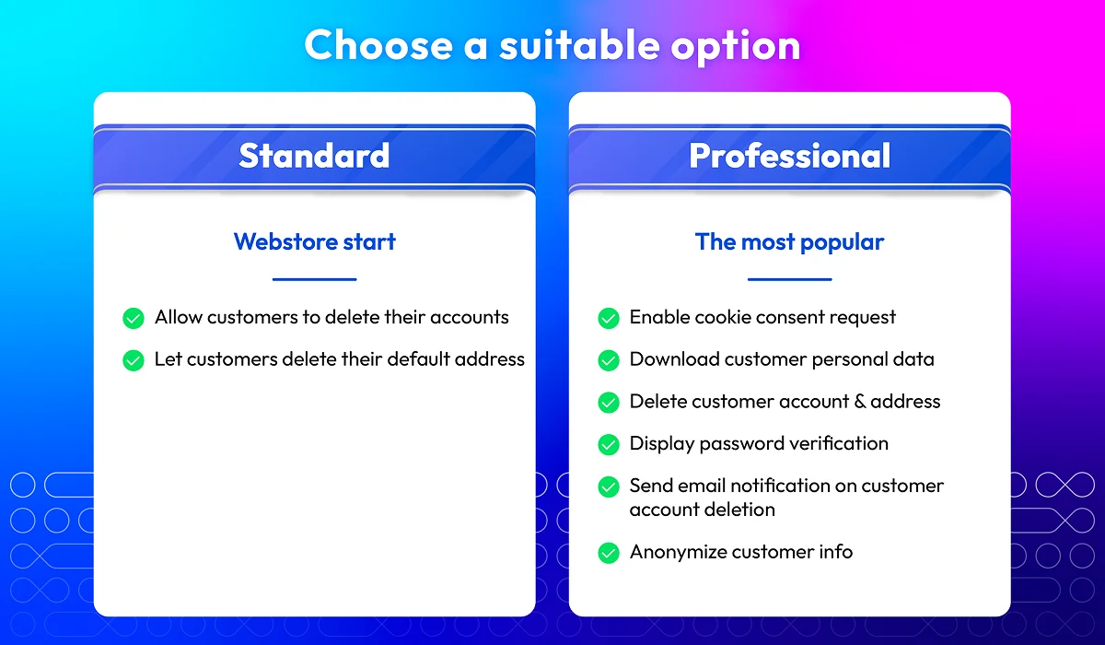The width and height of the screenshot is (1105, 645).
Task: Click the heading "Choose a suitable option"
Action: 552,46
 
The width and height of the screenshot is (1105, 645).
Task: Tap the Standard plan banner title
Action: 314,156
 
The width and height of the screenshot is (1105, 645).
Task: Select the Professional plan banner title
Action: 789,156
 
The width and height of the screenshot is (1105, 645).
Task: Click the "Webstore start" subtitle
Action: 314,241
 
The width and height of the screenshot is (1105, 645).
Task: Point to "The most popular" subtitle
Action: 789,242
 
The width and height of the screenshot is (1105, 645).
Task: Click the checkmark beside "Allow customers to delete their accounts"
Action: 134,318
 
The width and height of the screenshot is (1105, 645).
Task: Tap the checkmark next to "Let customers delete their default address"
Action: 134,360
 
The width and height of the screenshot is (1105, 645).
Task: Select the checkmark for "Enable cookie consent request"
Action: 609,318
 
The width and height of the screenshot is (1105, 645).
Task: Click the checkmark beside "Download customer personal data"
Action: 609,360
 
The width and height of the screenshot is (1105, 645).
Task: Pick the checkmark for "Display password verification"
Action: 609,445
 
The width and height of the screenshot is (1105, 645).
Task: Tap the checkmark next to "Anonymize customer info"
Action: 609,553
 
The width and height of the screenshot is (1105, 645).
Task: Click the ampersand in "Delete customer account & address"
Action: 860,401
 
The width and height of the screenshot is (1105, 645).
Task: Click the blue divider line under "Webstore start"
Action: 314,279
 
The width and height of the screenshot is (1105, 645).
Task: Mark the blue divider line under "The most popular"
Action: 789,279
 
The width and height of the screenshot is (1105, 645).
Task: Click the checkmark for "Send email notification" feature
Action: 609,487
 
